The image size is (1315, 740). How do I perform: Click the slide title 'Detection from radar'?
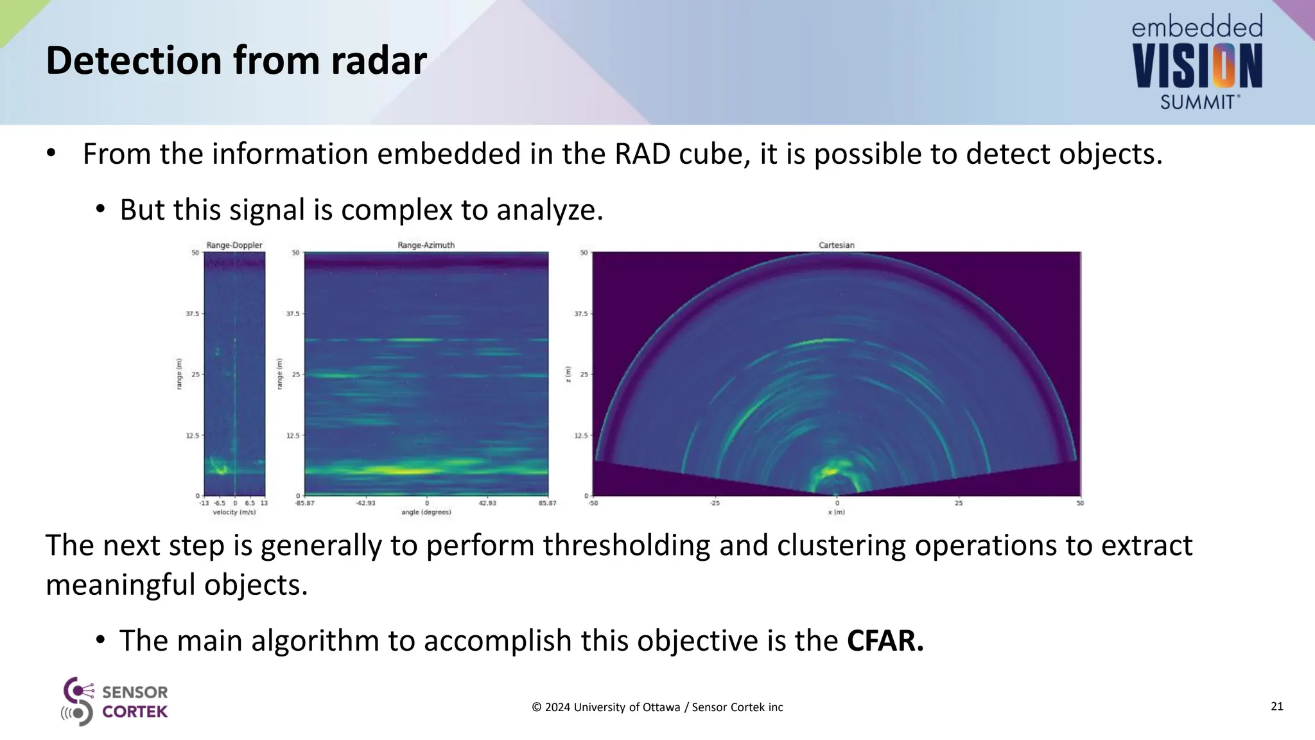236,61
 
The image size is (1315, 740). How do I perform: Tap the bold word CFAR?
885,640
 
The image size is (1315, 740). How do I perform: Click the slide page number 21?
1276,707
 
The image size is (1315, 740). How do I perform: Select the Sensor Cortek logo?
114,701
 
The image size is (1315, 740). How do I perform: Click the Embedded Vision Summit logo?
1197,63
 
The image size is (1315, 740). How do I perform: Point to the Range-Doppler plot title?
234,245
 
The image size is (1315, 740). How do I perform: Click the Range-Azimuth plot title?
426,245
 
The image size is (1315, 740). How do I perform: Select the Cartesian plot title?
836,245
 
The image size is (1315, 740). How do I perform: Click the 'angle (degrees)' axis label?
426,513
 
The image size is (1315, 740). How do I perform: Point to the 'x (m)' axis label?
836,513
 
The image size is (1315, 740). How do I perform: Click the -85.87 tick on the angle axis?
304,503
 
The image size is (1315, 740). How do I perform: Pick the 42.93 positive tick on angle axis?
487,503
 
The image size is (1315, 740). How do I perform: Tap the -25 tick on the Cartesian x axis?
714,503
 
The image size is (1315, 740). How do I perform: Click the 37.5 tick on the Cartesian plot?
580,314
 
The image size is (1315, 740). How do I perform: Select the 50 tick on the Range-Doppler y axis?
195,253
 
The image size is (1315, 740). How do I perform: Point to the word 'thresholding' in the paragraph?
626,545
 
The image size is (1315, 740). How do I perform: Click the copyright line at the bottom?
657,707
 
